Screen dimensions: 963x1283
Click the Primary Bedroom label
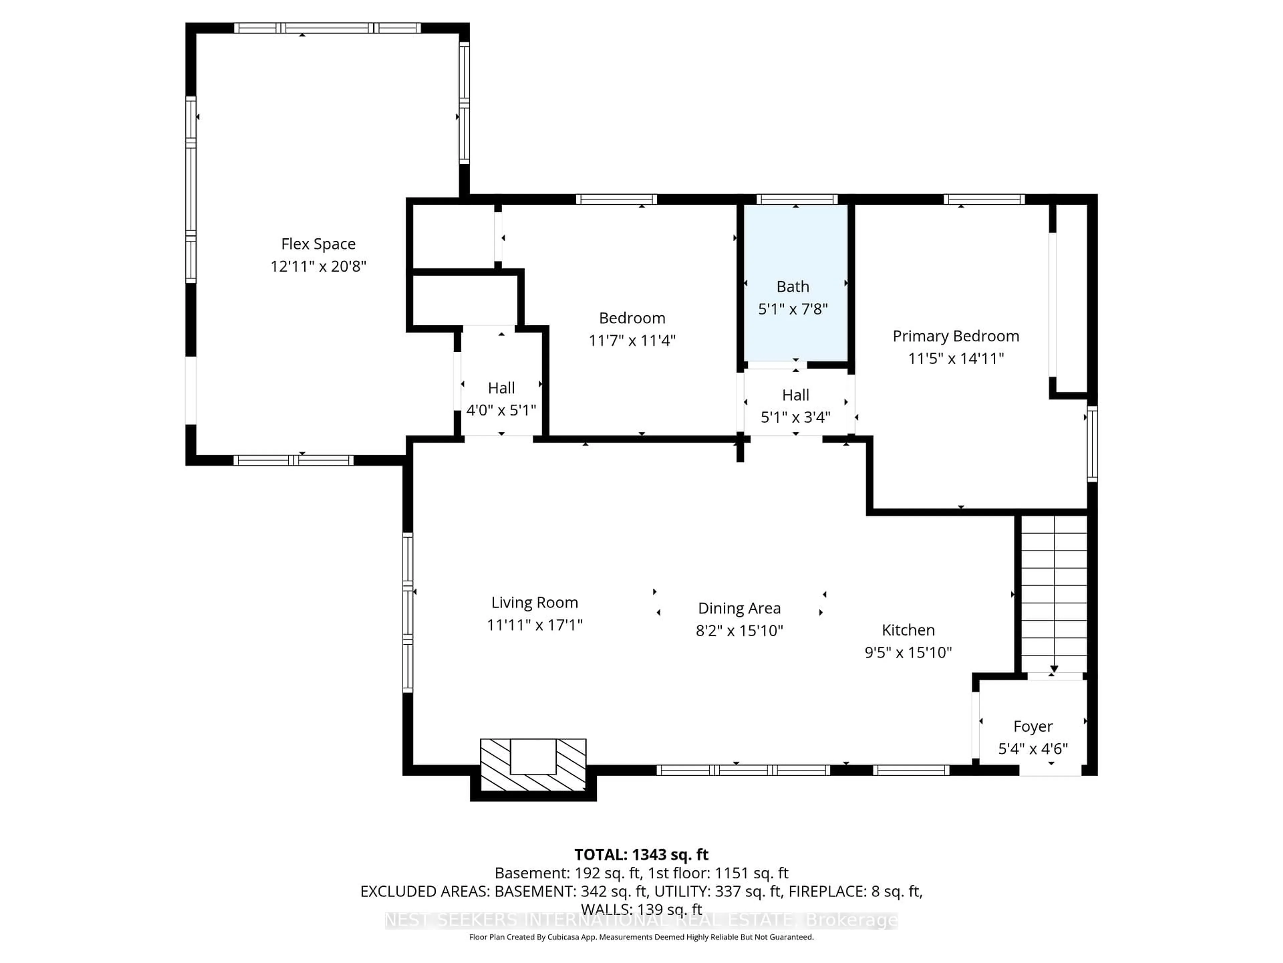[x=955, y=336]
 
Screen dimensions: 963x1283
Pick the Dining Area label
[x=739, y=608]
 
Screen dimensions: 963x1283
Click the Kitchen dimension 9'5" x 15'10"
[x=908, y=652]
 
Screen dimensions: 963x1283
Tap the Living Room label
[x=534, y=603]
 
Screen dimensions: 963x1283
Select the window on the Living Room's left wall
[x=408, y=612]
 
